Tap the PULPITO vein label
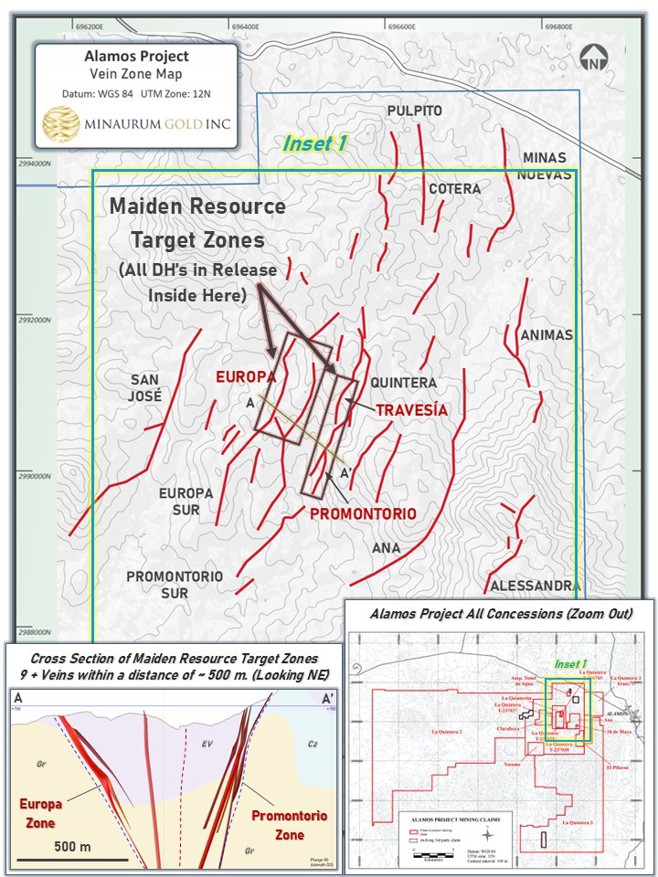point(414,111)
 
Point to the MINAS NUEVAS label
point(544,165)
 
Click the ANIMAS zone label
point(546,335)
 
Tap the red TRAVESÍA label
point(411,411)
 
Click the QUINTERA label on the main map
point(404,383)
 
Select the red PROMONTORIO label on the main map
point(363,514)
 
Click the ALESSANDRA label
point(535,586)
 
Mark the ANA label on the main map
point(387,548)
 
